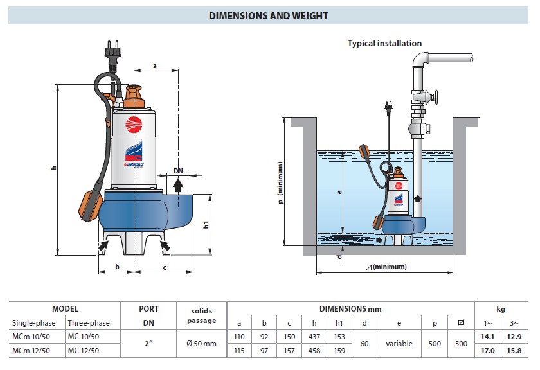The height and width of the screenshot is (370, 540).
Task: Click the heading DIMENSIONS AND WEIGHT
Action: click(269, 16)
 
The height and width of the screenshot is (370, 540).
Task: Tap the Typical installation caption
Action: click(384, 44)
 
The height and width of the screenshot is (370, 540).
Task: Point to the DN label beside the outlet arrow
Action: click(178, 172)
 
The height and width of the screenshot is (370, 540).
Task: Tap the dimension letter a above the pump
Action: click(155, 66)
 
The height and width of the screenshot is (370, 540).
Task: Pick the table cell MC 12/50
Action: click(85, 350)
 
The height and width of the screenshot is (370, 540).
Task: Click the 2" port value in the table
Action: click(148, 344)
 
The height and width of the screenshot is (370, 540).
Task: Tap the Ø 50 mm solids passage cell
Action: click(201, 344)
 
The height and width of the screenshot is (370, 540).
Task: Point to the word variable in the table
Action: click(399, 344)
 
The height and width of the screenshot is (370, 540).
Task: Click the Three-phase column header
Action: click(89, 322)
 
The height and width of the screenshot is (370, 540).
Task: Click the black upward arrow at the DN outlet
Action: click(178, 185)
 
